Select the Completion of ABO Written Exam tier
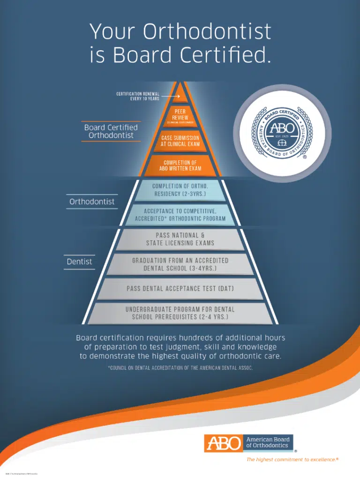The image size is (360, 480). pyautogui.click(x=180, y=165)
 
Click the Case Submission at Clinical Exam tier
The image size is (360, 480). pyautogui.click(x=180, y=141)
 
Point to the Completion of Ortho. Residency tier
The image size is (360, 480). pyautogui.click(x=180, y=190)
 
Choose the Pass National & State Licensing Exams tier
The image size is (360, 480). pyautogui.click(x=180, y=239)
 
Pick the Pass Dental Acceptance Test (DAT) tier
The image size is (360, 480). pyautogui.click(x=180, y=288)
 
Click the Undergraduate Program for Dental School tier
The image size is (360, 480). pyautogui.click(x=180, y=313)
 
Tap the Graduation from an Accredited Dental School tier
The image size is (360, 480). pyautogui.click(x=180, y=264)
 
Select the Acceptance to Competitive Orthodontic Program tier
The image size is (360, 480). pyautogui.click(x=180, y=215)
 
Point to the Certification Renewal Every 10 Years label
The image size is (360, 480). pyautogui.click(x=138, y=97)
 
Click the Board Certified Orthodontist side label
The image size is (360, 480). pyautogui.click(x=111, y=131)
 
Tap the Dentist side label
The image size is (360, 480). pyautogui.click(x=79, y=262)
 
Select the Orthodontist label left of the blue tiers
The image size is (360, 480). pyautogui.click(x=92, y=202)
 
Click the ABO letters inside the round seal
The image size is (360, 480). pyautogui.click(x=282, y=127)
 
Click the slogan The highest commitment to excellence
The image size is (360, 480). pyautogui.click(x=292, y=460)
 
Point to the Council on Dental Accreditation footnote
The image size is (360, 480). pyautogui.click(x=180, y=368)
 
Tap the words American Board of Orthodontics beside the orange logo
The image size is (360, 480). pyautogui.click(x=268, y=442)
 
